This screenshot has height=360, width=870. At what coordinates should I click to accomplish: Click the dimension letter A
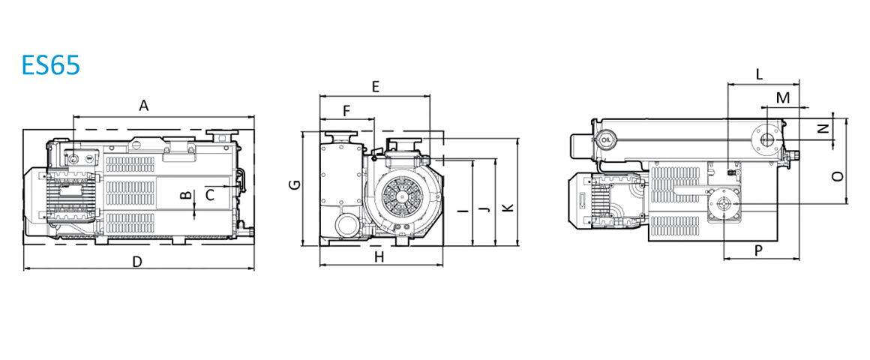pyautogui.click(x=143, y=109)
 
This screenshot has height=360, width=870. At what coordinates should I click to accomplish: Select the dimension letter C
pyautogui.click(x=210, y=195)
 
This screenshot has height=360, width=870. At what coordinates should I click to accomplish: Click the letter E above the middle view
pyautogui.click(x=376, y=87)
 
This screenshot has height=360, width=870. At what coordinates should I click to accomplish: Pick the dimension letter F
pyautogui.click(x=346, y=111)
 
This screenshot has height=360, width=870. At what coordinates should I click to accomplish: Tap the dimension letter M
pyautogui.click(x=782, y=98)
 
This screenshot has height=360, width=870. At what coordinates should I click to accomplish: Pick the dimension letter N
pyautogui.click(x=823, y=129)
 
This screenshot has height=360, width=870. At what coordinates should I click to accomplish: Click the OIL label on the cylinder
pyautogui.click(x=606, y=139)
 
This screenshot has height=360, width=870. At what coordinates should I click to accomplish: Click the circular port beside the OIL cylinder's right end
pyautogui.click(x=766, y=139)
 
